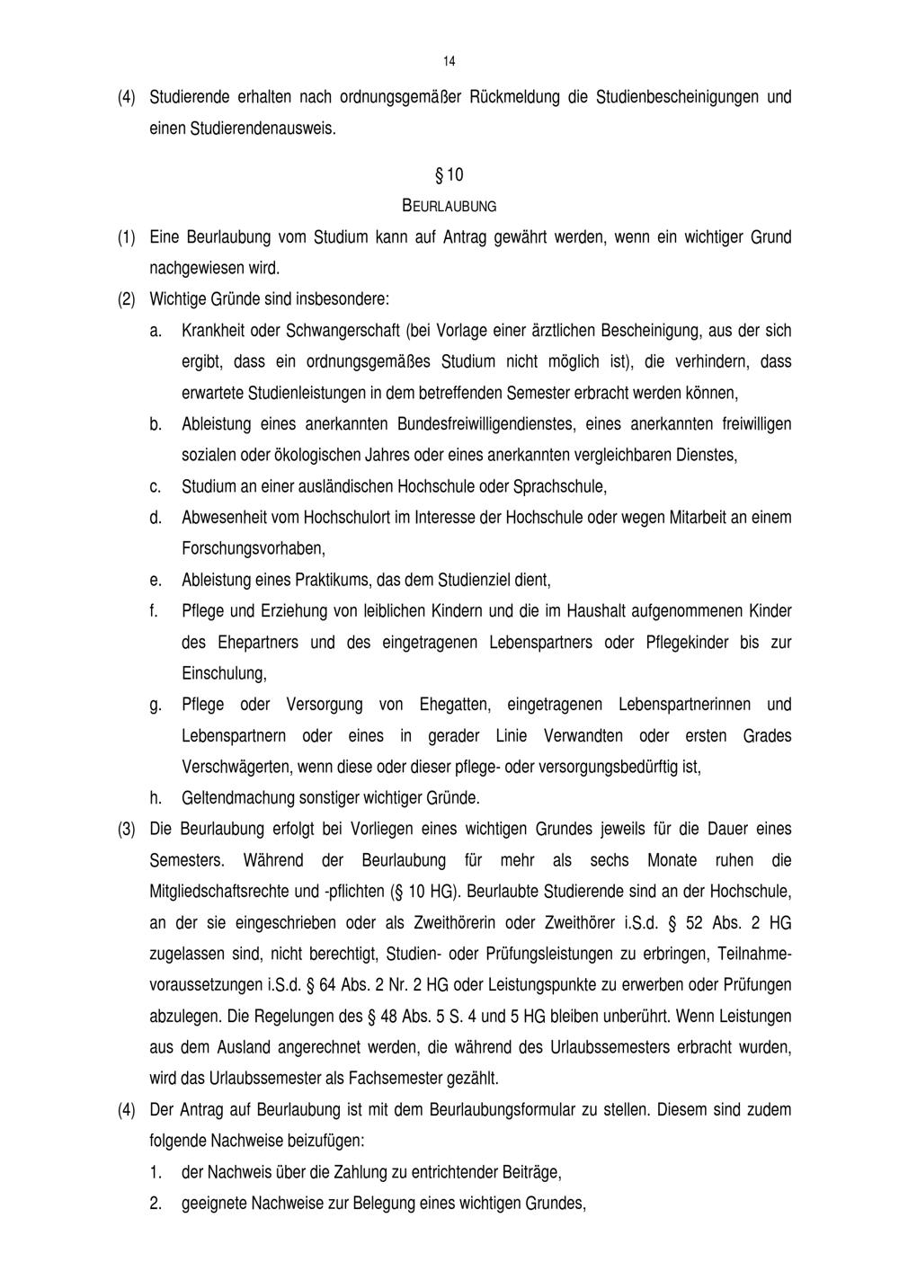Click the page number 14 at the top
[449, 61]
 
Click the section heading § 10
[449, 173]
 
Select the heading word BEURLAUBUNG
[449, 206]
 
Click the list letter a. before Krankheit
[155, 331]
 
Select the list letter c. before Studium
[155, 487]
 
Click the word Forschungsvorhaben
[253, 547]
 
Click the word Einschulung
[224, 673]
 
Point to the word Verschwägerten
[236, 767]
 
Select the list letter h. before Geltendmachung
[155, 797]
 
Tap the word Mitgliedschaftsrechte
[221, 891]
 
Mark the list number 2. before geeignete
[156, 1203]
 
